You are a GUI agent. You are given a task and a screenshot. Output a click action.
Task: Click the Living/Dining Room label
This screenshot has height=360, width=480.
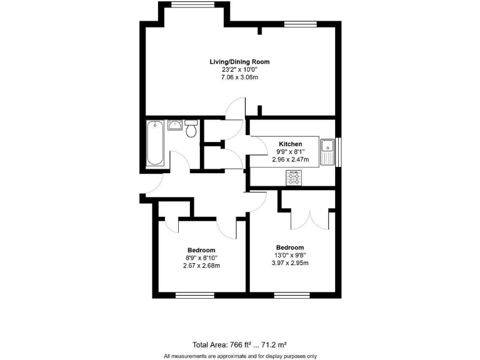(x=239, y=61)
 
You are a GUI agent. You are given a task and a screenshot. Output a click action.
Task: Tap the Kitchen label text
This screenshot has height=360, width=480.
(x=290, y=144)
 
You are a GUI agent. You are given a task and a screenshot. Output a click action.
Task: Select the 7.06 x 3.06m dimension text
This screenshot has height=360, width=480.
(x=239, y=77)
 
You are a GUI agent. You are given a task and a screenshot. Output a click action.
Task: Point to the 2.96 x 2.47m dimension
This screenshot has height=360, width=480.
(x=290, y=159)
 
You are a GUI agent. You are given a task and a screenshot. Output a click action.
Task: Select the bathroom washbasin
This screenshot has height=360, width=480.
(x=174, y=125)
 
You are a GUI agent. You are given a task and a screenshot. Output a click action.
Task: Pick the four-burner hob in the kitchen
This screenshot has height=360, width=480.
(x=294, y=179)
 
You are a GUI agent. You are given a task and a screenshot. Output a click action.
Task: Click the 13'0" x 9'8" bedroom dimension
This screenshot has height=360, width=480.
(x=290, y=255)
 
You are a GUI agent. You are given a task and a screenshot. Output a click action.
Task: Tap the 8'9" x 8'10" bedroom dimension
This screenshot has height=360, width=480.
(x=201, y=257)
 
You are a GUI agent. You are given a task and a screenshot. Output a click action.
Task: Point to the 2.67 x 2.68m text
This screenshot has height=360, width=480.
(x=201, y=266)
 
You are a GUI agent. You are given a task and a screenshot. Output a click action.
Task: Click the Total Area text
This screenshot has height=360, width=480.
(x=239, y=344)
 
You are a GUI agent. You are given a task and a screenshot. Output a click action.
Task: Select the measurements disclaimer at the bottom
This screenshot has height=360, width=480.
(x=240, y=356)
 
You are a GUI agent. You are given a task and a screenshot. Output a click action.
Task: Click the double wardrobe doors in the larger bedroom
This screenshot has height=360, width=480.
(x=310, y=219)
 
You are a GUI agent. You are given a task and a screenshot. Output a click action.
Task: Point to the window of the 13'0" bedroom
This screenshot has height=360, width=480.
(x=292, y=295)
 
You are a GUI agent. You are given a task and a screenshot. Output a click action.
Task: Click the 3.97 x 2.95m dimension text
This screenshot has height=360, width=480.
(x=290, y=263)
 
